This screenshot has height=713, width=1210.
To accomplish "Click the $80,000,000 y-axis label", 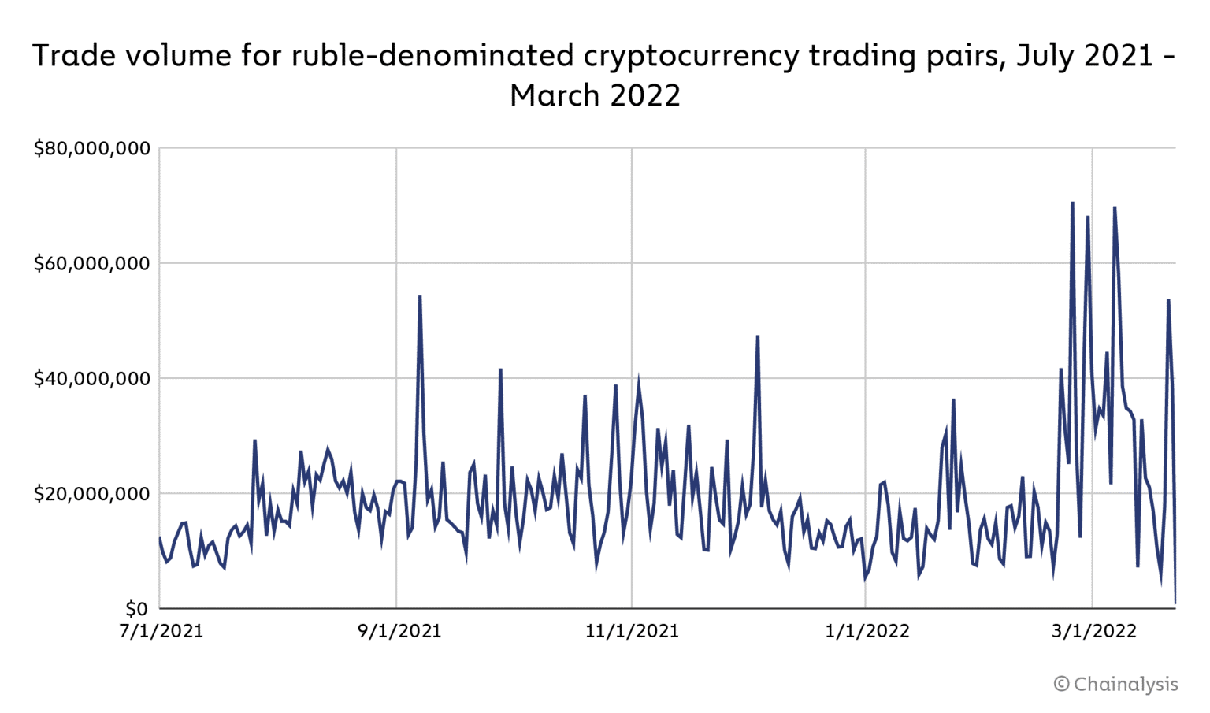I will [x=91, y=148].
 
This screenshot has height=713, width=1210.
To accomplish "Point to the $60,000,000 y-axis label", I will [x=91, y=263].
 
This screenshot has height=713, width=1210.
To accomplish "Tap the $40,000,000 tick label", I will [x=91, y=378].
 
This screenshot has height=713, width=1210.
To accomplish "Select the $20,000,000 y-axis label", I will [x=91, y=494].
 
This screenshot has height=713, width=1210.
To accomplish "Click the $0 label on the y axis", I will [x=136, y=609].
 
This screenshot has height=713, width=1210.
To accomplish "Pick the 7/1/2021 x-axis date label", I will [x=161, y=631].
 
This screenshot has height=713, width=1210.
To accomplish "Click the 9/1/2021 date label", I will [x=399, y=631].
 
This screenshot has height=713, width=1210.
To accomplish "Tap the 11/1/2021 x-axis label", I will [x=632, y=631].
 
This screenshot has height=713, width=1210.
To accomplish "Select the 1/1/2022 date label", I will [x=867, y=631].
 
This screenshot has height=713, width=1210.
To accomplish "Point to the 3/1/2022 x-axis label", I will [x=1094, y=631].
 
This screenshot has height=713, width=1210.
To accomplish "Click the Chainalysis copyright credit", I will [x=1116, y=684].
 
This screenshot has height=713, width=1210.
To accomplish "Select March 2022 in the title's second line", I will [x=595, y=96].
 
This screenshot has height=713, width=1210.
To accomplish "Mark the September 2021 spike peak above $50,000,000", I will [x=420, y=297].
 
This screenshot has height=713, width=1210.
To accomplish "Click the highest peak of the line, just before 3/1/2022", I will [x=1072, y=203].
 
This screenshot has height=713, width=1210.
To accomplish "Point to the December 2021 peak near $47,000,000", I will [x=757, y=336].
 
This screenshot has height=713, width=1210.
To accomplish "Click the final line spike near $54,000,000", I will [x=1168, y=300].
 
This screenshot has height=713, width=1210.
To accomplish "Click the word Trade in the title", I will [x=75, y=57].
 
